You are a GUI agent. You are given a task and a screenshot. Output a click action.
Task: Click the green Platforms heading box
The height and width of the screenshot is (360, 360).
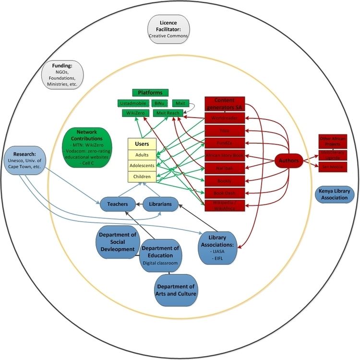[150, 92]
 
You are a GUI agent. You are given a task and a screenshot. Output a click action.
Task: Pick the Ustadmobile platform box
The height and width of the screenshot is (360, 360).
[132, 103]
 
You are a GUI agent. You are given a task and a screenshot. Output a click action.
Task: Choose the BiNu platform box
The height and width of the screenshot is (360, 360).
[158, 103]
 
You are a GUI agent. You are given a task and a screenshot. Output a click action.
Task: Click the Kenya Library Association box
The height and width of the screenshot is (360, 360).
[335, 194]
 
